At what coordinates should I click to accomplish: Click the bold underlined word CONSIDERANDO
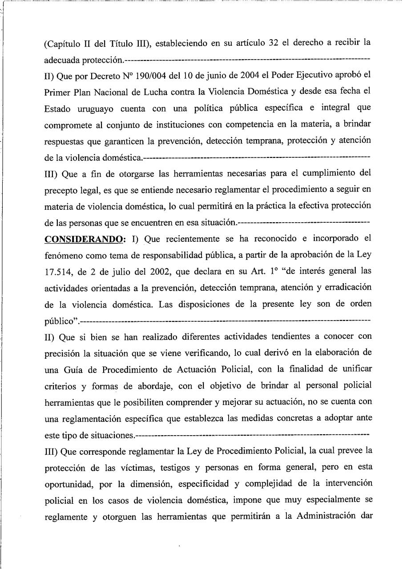click(x=84, y=239)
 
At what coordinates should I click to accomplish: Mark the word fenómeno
click(x=63, y=255)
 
